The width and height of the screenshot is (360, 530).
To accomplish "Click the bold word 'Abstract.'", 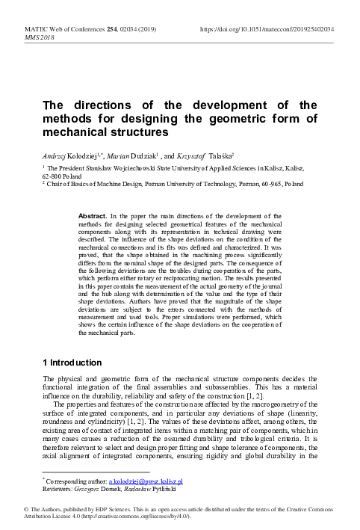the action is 96,215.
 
